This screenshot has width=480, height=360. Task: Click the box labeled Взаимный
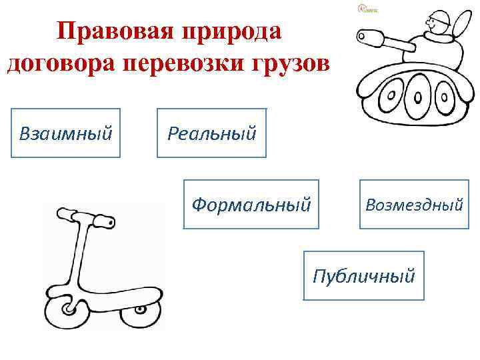tap(65, 133)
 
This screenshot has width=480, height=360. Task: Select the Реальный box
tap(211, 133)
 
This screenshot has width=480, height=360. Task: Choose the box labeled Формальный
tap(251, 204)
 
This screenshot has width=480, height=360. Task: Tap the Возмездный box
tap(413, 204)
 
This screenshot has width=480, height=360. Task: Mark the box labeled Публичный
tap(364, 275)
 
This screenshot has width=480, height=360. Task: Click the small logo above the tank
tap(366, 9)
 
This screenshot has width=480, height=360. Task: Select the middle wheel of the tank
tap(419, 96)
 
